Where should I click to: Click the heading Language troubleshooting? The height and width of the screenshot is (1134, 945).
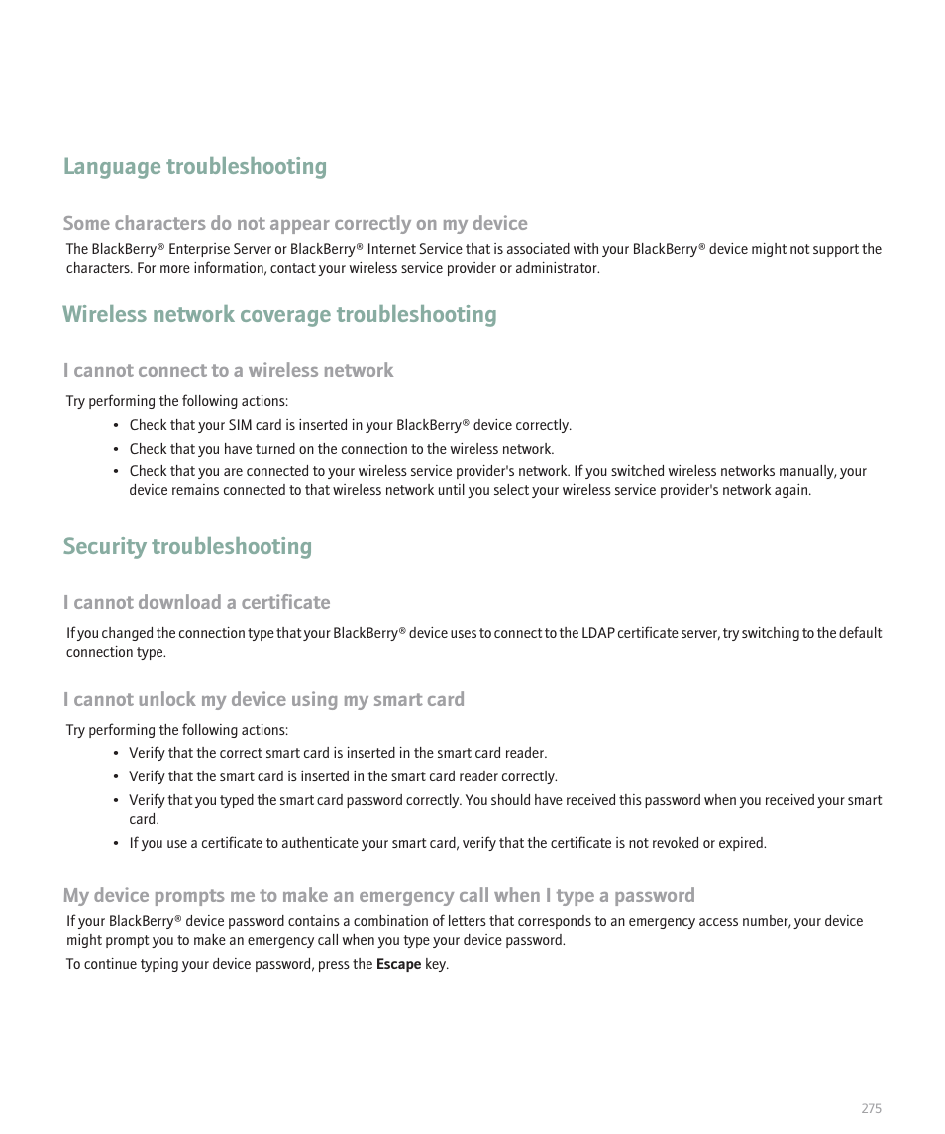(x=194, y=167)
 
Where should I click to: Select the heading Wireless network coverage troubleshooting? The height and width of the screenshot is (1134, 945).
(x=279, y=315)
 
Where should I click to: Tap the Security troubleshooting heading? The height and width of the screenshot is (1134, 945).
(x=187, y=547)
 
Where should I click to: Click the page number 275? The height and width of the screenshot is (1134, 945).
(x=870, y=1109)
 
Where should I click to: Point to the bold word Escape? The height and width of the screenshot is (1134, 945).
(x=398, y=964)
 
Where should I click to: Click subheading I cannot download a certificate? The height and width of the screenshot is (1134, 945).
(x=196, y=603)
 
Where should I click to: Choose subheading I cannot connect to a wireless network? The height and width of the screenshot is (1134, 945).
(x=228, y=371)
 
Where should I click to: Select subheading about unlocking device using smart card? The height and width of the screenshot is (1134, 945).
(x=263, y=700)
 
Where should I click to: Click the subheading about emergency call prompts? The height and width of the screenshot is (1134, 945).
(x=378, y=896)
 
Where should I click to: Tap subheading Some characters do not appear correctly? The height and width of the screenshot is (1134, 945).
(x=295, y=224)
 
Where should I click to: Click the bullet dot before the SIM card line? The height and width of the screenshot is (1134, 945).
(x=117, y=426)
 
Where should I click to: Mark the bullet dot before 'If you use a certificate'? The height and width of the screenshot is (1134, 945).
(x=117, y=844)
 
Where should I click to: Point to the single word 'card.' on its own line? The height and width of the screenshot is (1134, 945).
(x=144, y=819)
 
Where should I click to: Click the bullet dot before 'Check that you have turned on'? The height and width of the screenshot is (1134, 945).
(x=117, y=450)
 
